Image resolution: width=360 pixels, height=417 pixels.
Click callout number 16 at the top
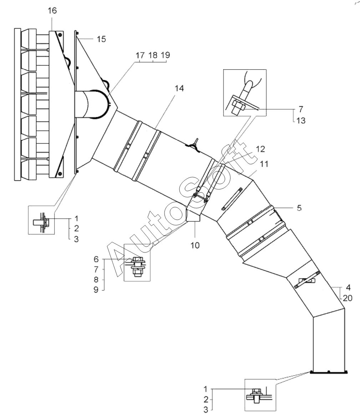pyautogui.click(x=52, y=11)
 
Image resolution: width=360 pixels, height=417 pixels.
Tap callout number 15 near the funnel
pyautogui.click(x=101, y=39)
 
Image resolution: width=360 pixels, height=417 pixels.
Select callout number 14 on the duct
pyautogui.click(x=179, y=88)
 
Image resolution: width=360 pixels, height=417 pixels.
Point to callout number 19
pyautogui.click(x=165, y=55)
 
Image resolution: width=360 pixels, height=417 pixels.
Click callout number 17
pyautogui.click(x=140, y=55)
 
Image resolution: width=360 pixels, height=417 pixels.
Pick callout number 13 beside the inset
pyautogui.click(x=301, y=120)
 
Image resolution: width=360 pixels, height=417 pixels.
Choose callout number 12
pyautogui.click(x=261, y=149)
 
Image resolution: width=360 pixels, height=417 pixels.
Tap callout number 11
pyautogui.click(x=264, y=164)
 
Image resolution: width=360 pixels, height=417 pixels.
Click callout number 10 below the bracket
pyautogui.click(x=195, y=245)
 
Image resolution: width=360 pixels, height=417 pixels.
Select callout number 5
pyautogui.click(x=299, y=208)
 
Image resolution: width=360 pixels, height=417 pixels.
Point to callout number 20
pyautogui.click(x=348, y=298)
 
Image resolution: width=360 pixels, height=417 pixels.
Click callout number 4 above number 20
pyautogui.click(x=348, y=287)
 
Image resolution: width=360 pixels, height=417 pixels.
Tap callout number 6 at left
pyautogui.click(x=96, y=259)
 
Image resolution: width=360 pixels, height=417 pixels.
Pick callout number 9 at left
pyautogui.click(x=96, y=290)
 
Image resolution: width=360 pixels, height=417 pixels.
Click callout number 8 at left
pyautogui.click(x=96, y=280)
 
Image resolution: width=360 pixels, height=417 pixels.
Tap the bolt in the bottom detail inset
pyautogui.click(x=257, y=395)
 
